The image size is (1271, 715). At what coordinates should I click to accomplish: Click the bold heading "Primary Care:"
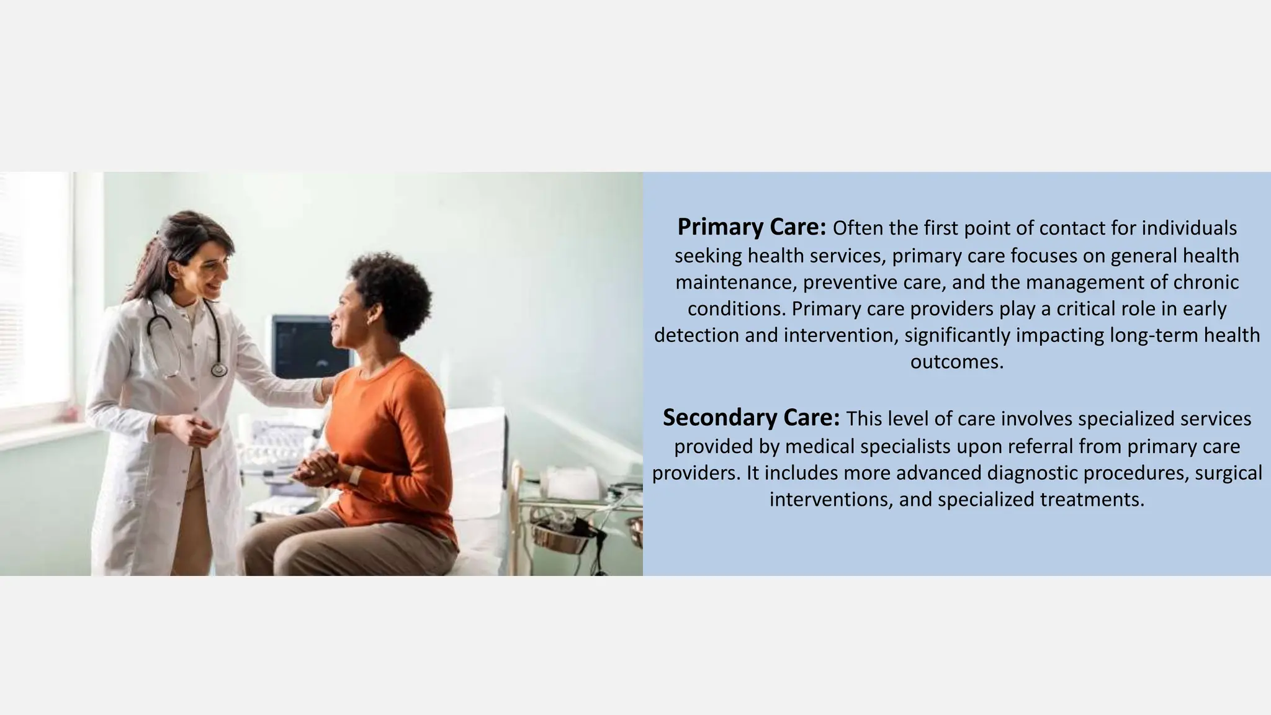pyautogui.click(x=751, y=228)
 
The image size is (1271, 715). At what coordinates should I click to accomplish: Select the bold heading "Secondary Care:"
pyautogui.click(x=751, y=418)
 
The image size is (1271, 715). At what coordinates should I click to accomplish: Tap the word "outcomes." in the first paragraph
pyautogui.click(x=956, y=361)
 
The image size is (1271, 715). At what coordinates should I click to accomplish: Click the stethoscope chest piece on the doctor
pyautogui.click(x=218, y=370)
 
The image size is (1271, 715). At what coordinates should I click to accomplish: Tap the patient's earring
pyautogui.click(x=370, y=322)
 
